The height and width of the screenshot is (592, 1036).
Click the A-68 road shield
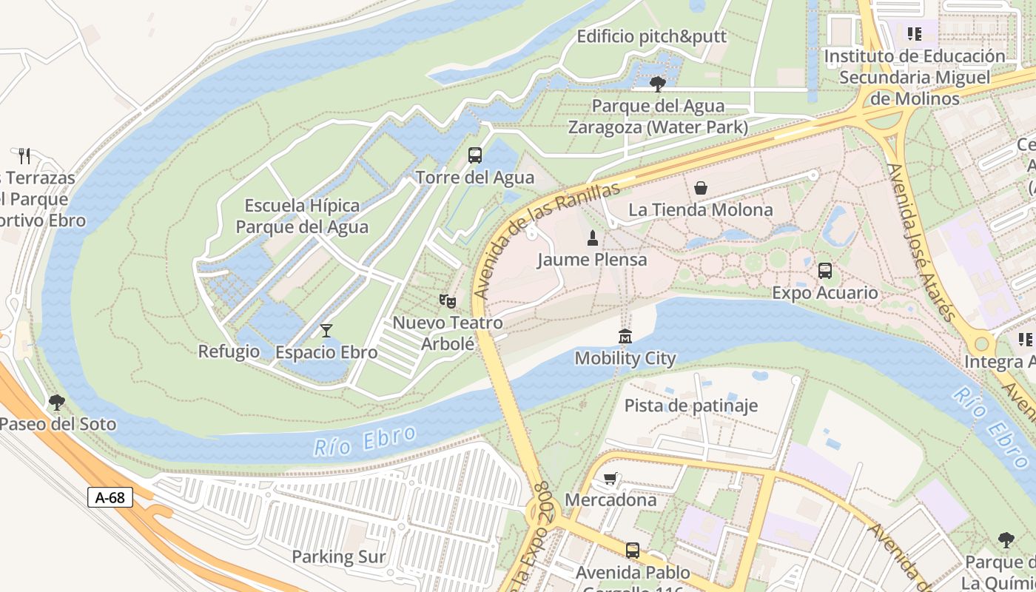point(110,497)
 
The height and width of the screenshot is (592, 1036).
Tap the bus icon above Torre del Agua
point(475,155)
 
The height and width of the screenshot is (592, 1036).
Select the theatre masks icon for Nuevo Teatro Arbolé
point(447,300)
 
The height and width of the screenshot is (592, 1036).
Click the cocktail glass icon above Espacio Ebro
point(326,330)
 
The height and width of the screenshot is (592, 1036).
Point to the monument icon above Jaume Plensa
point(592,238)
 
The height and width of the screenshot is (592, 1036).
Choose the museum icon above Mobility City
point(625,336)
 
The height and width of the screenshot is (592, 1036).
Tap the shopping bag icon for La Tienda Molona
point(700,188)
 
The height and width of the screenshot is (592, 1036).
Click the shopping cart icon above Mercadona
point(610,478)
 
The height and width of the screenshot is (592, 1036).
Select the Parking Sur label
point(339,556)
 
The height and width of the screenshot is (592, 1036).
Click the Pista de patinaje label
point(691,405)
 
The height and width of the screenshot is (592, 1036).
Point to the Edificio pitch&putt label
point(652,36)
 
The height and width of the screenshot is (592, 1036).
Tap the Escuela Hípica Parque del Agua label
point(302,216)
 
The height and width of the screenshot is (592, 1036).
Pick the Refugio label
point(229,351)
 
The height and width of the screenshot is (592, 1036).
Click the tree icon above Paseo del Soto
point(56,403)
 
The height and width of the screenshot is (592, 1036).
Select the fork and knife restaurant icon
point(24,155)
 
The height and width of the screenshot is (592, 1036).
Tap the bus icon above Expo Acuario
point(825,271)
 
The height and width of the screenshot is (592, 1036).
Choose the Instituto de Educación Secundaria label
point(915,77)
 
